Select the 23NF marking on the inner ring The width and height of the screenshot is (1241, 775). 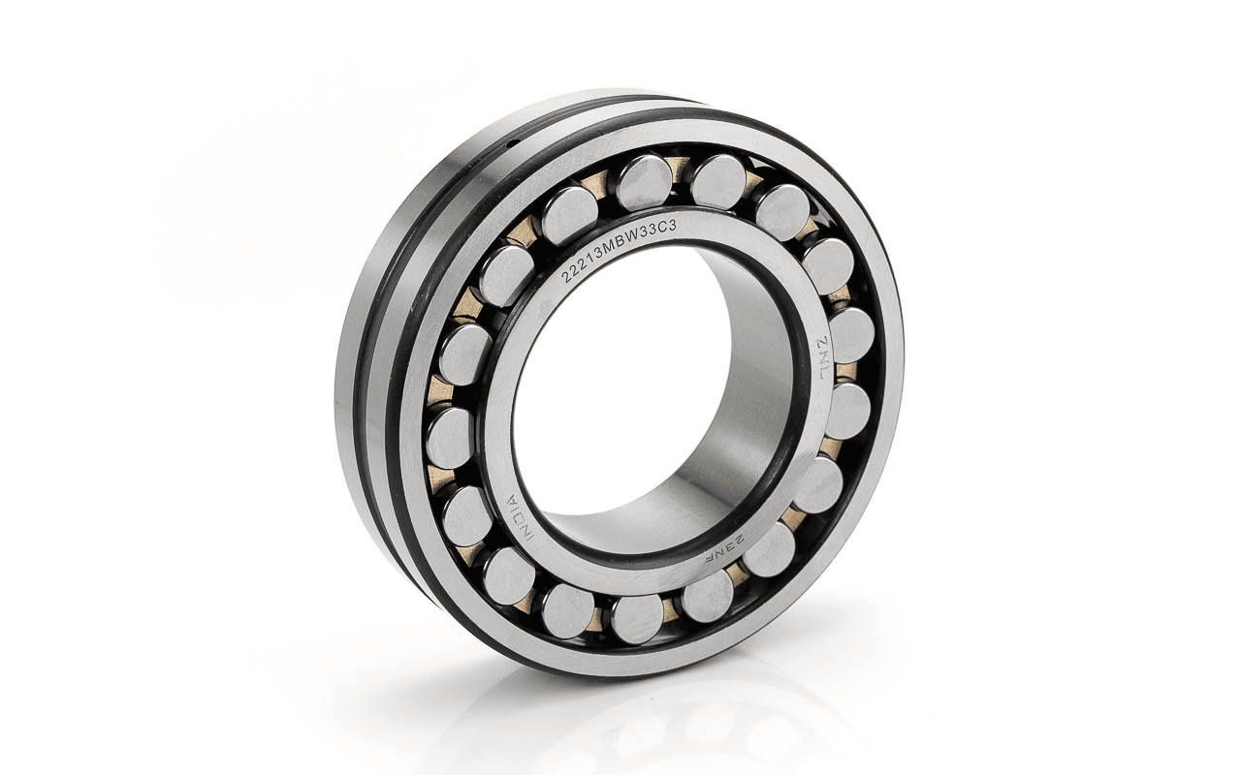728,548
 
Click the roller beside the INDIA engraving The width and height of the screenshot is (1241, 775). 467,516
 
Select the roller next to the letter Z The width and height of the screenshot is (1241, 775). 851,335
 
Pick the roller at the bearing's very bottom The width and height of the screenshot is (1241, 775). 637,619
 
